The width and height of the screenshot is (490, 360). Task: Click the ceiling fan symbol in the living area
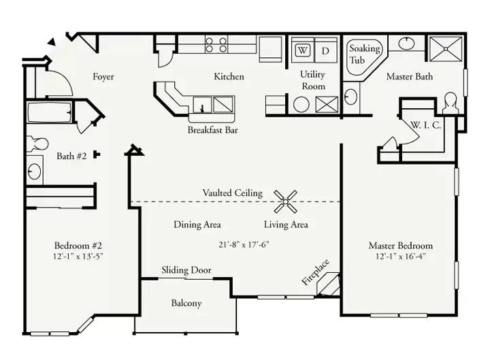point(285,201)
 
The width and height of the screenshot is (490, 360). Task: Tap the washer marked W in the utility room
point(302,50)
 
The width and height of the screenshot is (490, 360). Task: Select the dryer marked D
point(325,50)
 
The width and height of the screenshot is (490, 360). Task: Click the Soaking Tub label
point(364,54)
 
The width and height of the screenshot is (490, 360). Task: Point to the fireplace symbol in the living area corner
point(328,284)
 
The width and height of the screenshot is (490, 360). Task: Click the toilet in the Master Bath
point(451,103)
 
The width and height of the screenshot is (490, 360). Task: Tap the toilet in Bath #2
point(37,144)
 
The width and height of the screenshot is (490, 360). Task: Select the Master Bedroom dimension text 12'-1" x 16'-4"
point(401,257)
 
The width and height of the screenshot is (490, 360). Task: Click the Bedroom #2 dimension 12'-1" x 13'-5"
point(78,257)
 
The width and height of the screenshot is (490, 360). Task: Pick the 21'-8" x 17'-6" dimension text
point(244,244)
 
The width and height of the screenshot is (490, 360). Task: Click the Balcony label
point(186,303)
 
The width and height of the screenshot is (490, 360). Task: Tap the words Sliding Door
point(186,270)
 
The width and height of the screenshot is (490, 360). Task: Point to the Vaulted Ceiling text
point(233,193)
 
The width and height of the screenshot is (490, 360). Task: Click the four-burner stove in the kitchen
point(216,44)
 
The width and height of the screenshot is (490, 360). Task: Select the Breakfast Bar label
point(213,130)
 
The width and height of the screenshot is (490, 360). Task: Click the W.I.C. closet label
point(425,125)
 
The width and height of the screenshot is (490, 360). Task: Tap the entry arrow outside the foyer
point(52,42)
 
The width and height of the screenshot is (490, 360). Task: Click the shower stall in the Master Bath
point(446,49)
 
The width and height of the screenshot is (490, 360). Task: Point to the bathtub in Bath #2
point(50,112)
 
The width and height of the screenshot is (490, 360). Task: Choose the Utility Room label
point(313,80)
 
